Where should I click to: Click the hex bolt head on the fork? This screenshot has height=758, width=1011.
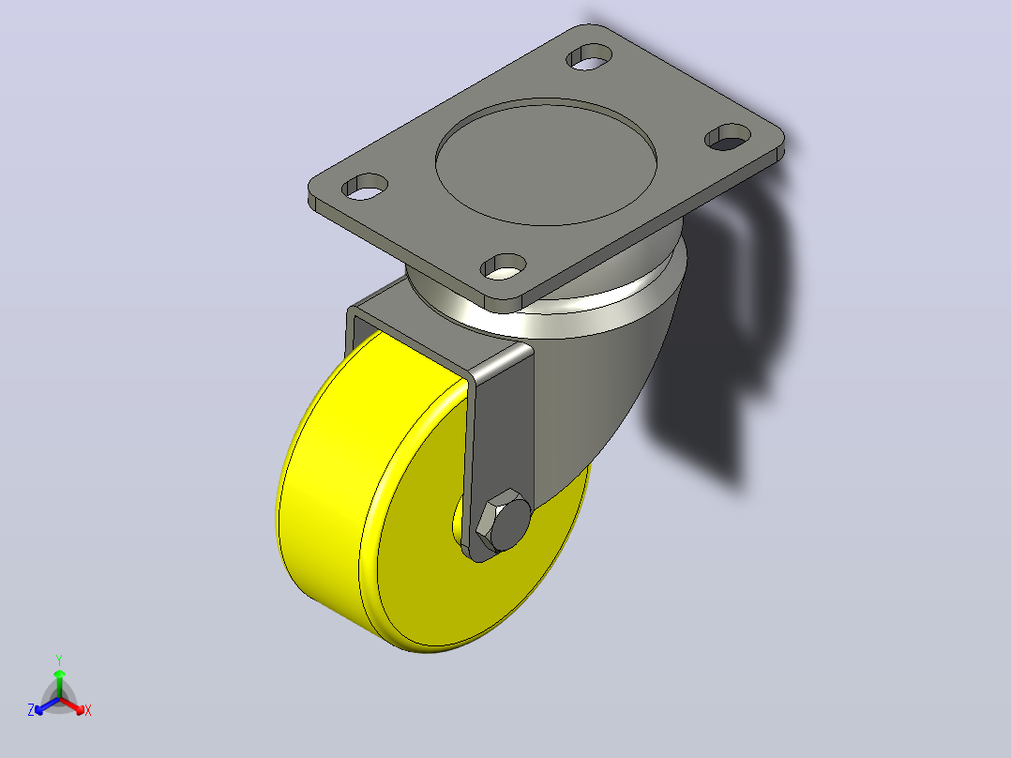(x=504, y=520)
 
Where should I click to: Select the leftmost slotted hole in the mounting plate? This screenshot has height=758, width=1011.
(x=365, y=186)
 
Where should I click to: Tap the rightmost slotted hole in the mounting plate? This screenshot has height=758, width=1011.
(x=728, y=137)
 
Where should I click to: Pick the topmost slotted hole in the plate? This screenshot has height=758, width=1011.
(x=589, y=57)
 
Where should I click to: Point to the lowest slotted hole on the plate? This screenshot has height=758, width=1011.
(x=504, y=266)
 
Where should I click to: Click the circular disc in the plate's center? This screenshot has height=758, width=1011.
(x=546, y=162)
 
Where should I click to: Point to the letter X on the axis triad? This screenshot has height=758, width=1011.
(x=88, y=710)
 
